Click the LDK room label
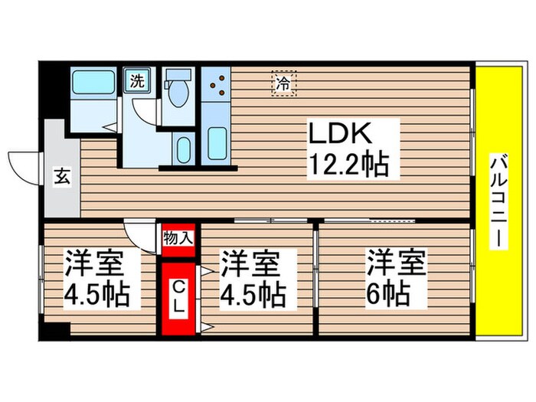coord(340,135)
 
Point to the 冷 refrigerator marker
coord(283,83)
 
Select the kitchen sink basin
coord(217,142)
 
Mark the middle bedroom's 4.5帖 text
coord(253,293)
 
